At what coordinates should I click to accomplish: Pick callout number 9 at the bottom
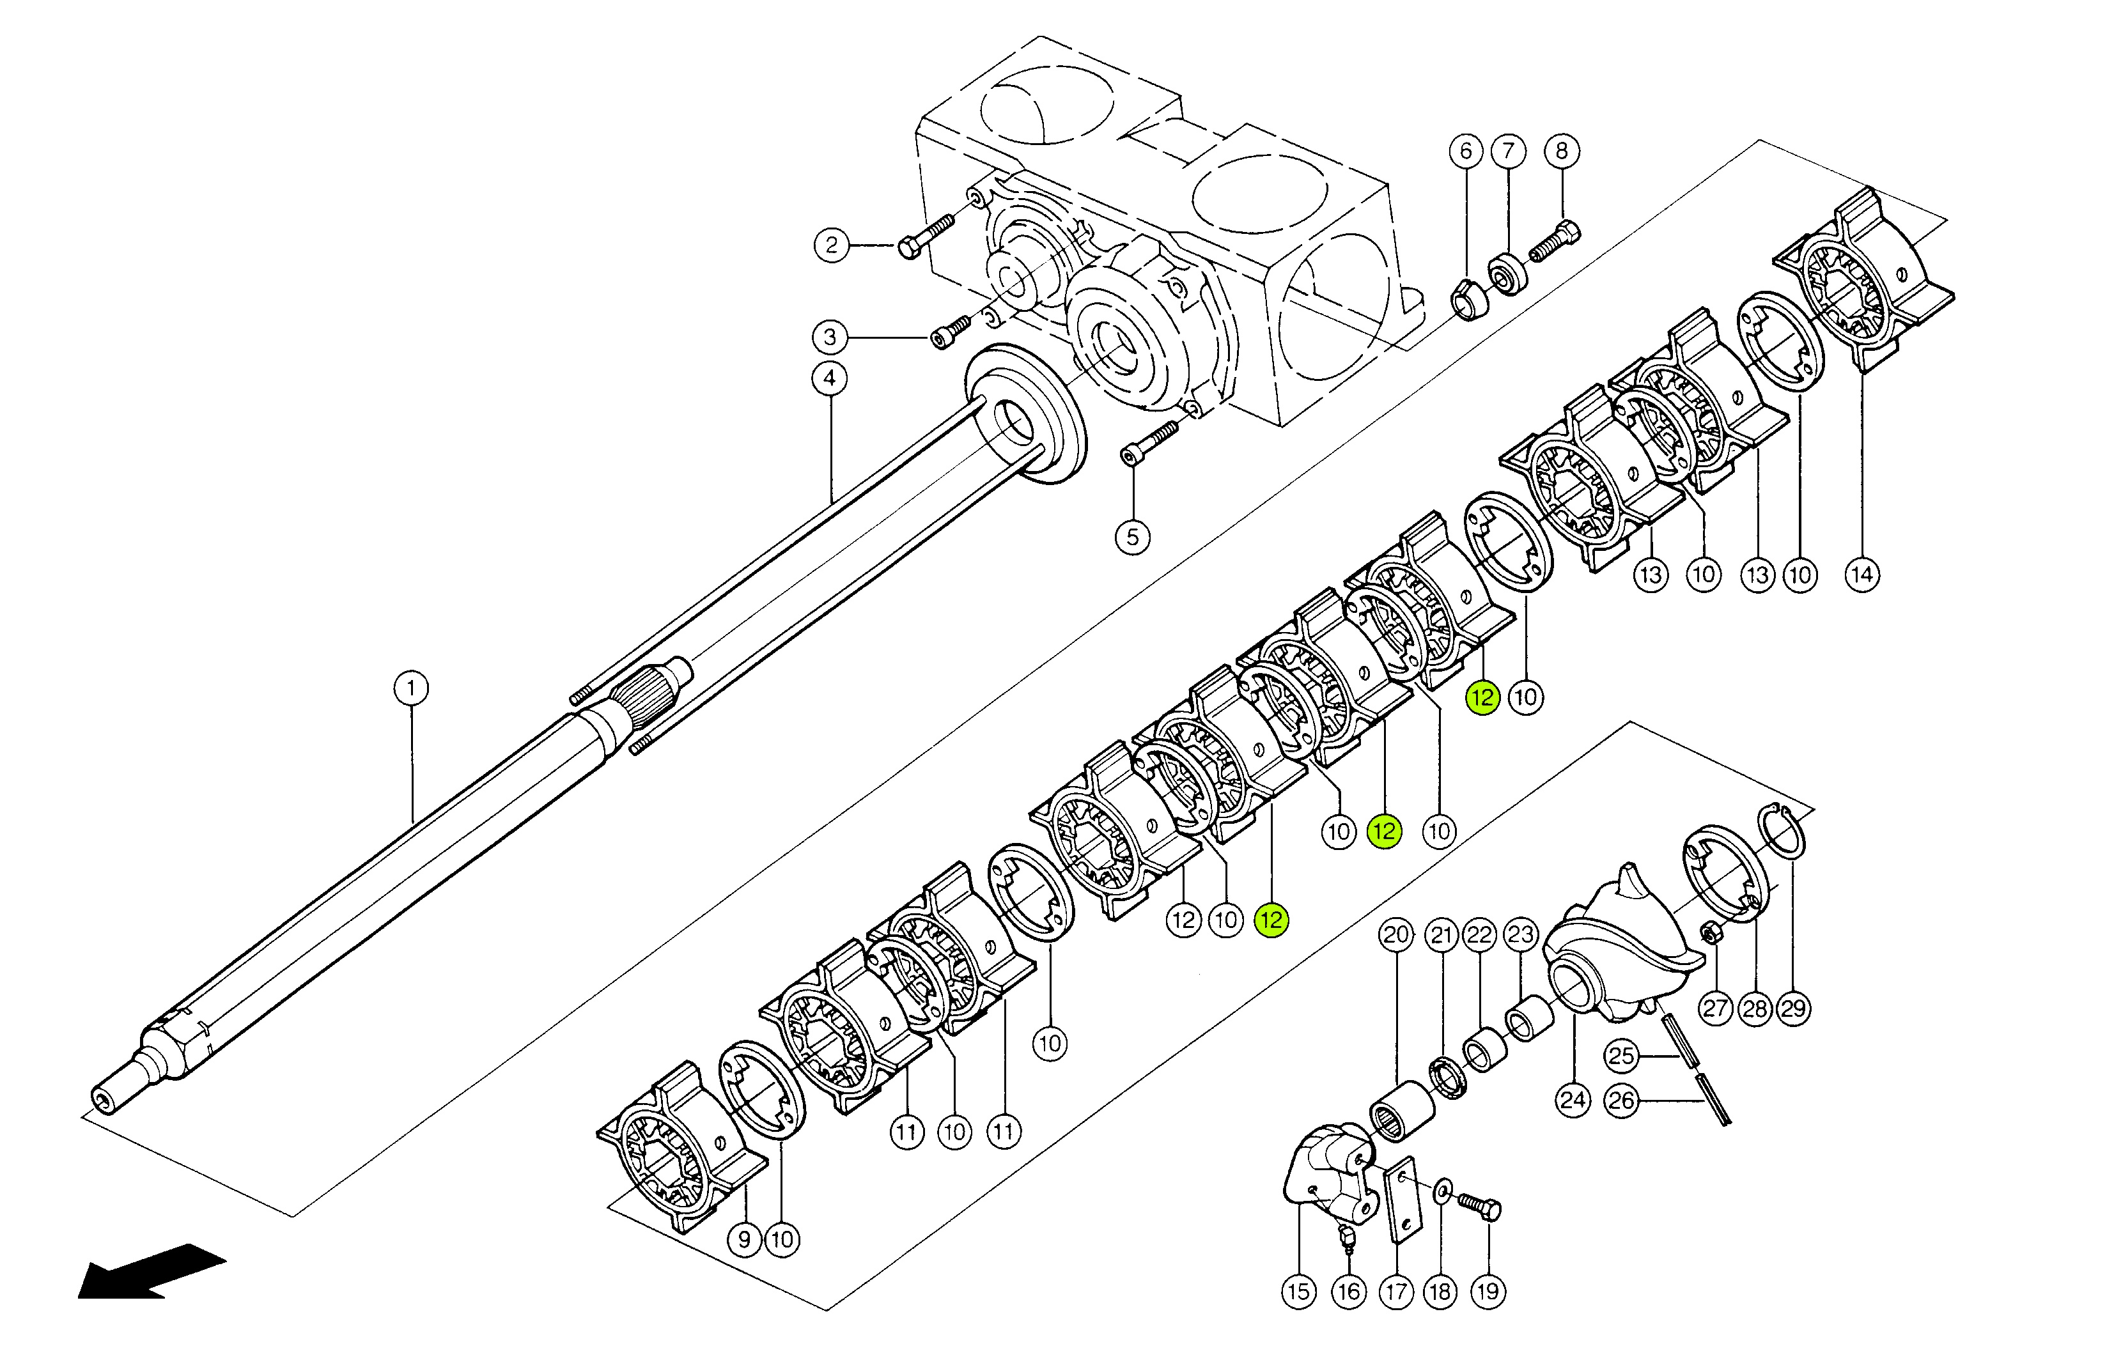pyautogui.click(x=744, y=1240)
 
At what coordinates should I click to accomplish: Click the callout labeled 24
pyautogui.click(x=1573, y=1101)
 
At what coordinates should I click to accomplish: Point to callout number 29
pyautogui.click(x=1794, y=1008)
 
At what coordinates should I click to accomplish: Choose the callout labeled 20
pyautogui.click(x=1396, y=935)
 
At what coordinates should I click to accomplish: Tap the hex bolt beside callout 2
pyautogui.click(x=926, y=235)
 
